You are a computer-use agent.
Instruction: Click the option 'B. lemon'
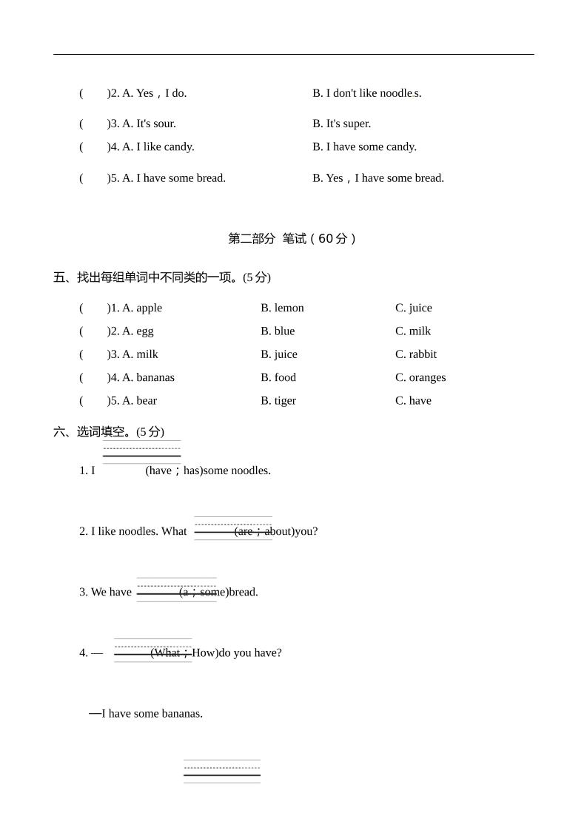pyautogui.click(x=282, y=308)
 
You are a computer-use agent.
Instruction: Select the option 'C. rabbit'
pyautogui.click(x=415, y=354)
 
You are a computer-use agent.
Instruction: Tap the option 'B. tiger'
pyautogui.click(x=278, y=401)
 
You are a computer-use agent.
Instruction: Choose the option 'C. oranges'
pyautogui.click(x=420, y=377)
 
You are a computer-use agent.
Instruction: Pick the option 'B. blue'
pyautogui.click(x=277, y=331)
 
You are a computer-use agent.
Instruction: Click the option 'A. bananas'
pyautogui.click(x=148, y=377)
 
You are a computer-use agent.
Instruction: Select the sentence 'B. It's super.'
pyautogui.click(x=341, y=124)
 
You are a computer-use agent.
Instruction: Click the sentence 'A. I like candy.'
pyautogui.click(x=158, y=146)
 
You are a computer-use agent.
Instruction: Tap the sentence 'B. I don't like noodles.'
pyautogui.click(x=366, y=93)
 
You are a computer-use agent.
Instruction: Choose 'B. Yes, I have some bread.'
pyautogui.click(x=378, y=178)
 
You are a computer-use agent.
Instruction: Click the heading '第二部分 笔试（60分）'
pyautogui.click(x=292, y=239)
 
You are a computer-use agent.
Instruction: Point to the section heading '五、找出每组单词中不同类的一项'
pyautogui.click(x=146, y=277)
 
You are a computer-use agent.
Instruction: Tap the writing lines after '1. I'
pyautogui.click(x=141, y=452)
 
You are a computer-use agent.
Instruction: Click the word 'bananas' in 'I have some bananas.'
pyautogui.click(x=181, y=714)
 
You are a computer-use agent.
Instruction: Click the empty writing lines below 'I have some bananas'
pyautogui.click(x=222, y=771)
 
